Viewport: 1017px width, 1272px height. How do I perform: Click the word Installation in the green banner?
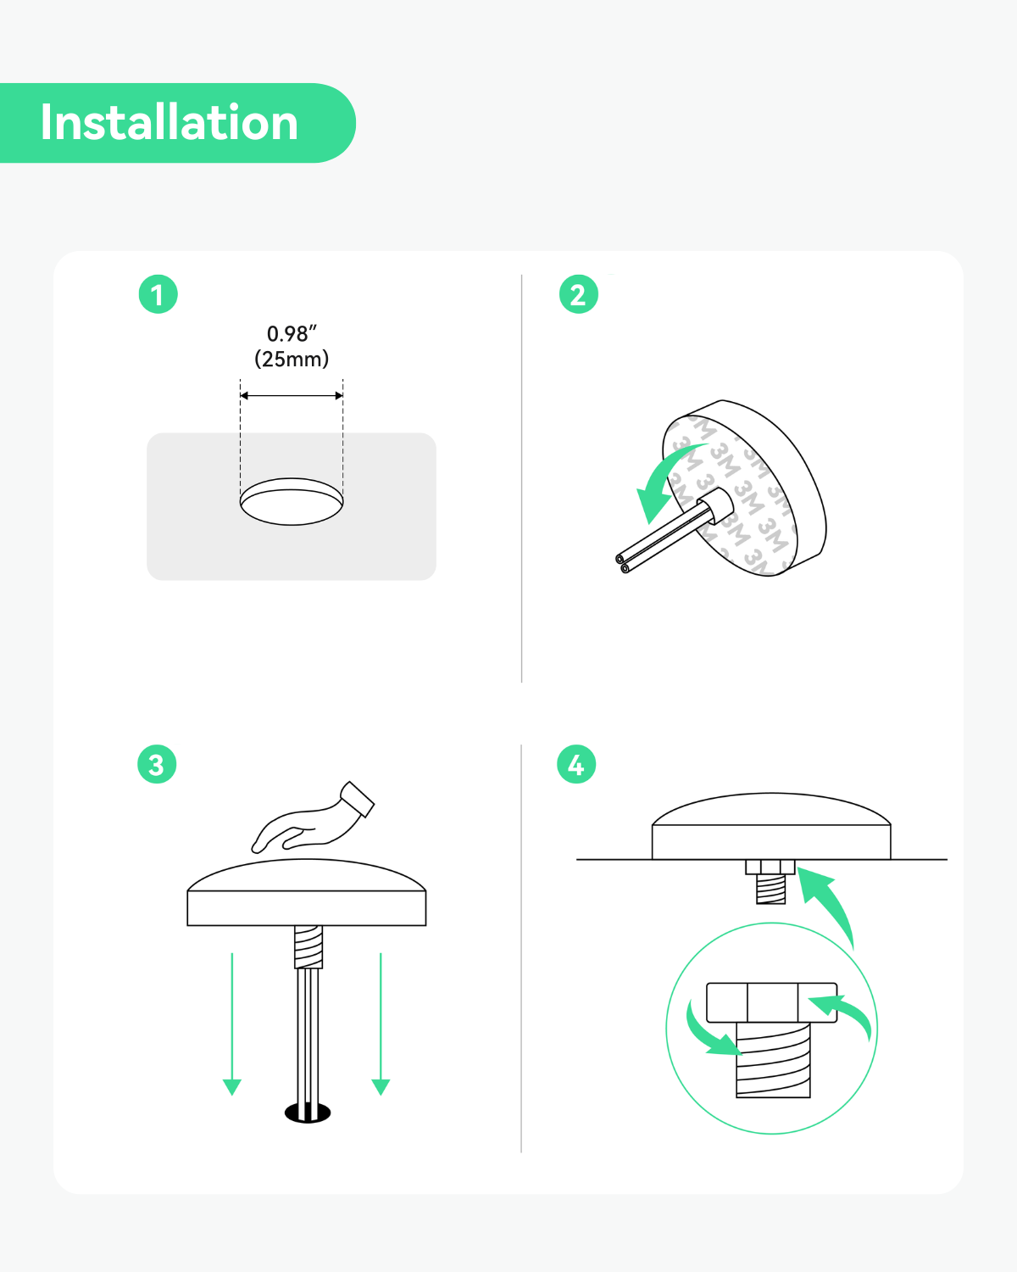[x=169, y=122]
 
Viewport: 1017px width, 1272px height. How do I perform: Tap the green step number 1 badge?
[x=158, y=294]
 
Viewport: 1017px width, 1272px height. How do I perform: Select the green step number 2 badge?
[x=579, y=294]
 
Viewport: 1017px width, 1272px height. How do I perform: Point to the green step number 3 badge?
[x=157, y=764]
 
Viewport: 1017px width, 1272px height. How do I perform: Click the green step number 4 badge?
[x=576, y=764]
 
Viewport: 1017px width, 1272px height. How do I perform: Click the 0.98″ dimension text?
[x=292, y=334]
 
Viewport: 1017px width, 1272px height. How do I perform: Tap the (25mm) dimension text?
[x=292, y=359]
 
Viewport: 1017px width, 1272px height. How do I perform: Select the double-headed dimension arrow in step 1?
[x=292, y=395]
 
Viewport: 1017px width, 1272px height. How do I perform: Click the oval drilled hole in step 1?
[x=292, y=502]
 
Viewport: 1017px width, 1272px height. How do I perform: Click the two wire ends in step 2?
[x=622, y=563]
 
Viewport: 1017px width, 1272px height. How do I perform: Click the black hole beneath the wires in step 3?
[x=308, y=1113]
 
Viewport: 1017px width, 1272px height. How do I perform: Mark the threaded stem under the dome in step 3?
[x=308, y=947]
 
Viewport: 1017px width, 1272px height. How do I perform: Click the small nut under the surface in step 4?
[x=770, y=868]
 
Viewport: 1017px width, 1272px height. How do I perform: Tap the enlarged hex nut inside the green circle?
[x=772, y=1002]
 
